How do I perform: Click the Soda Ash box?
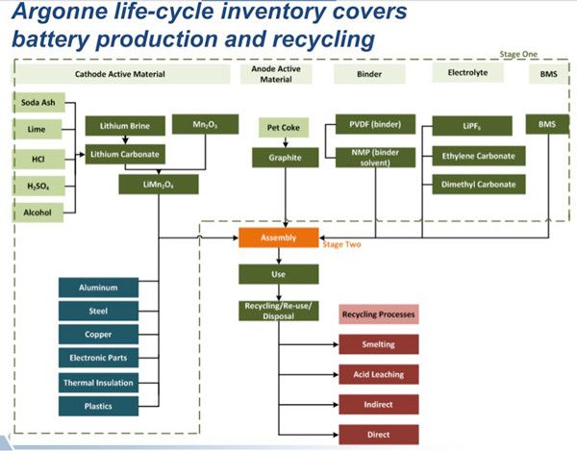point(38,102)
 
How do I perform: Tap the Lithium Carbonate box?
point(123,153)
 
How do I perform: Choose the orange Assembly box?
point(278,237)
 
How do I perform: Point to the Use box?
point(278,274)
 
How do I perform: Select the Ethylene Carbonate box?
point(479,156)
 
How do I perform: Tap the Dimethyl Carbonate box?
point(479,185)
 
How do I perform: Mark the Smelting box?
point(378,344)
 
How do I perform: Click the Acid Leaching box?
point(378,374)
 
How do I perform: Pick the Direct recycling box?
point(378,434)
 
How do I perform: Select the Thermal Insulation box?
point(98,382)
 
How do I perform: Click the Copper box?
point(98,334)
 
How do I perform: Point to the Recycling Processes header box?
point(378,314)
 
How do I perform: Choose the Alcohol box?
point(38,212)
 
